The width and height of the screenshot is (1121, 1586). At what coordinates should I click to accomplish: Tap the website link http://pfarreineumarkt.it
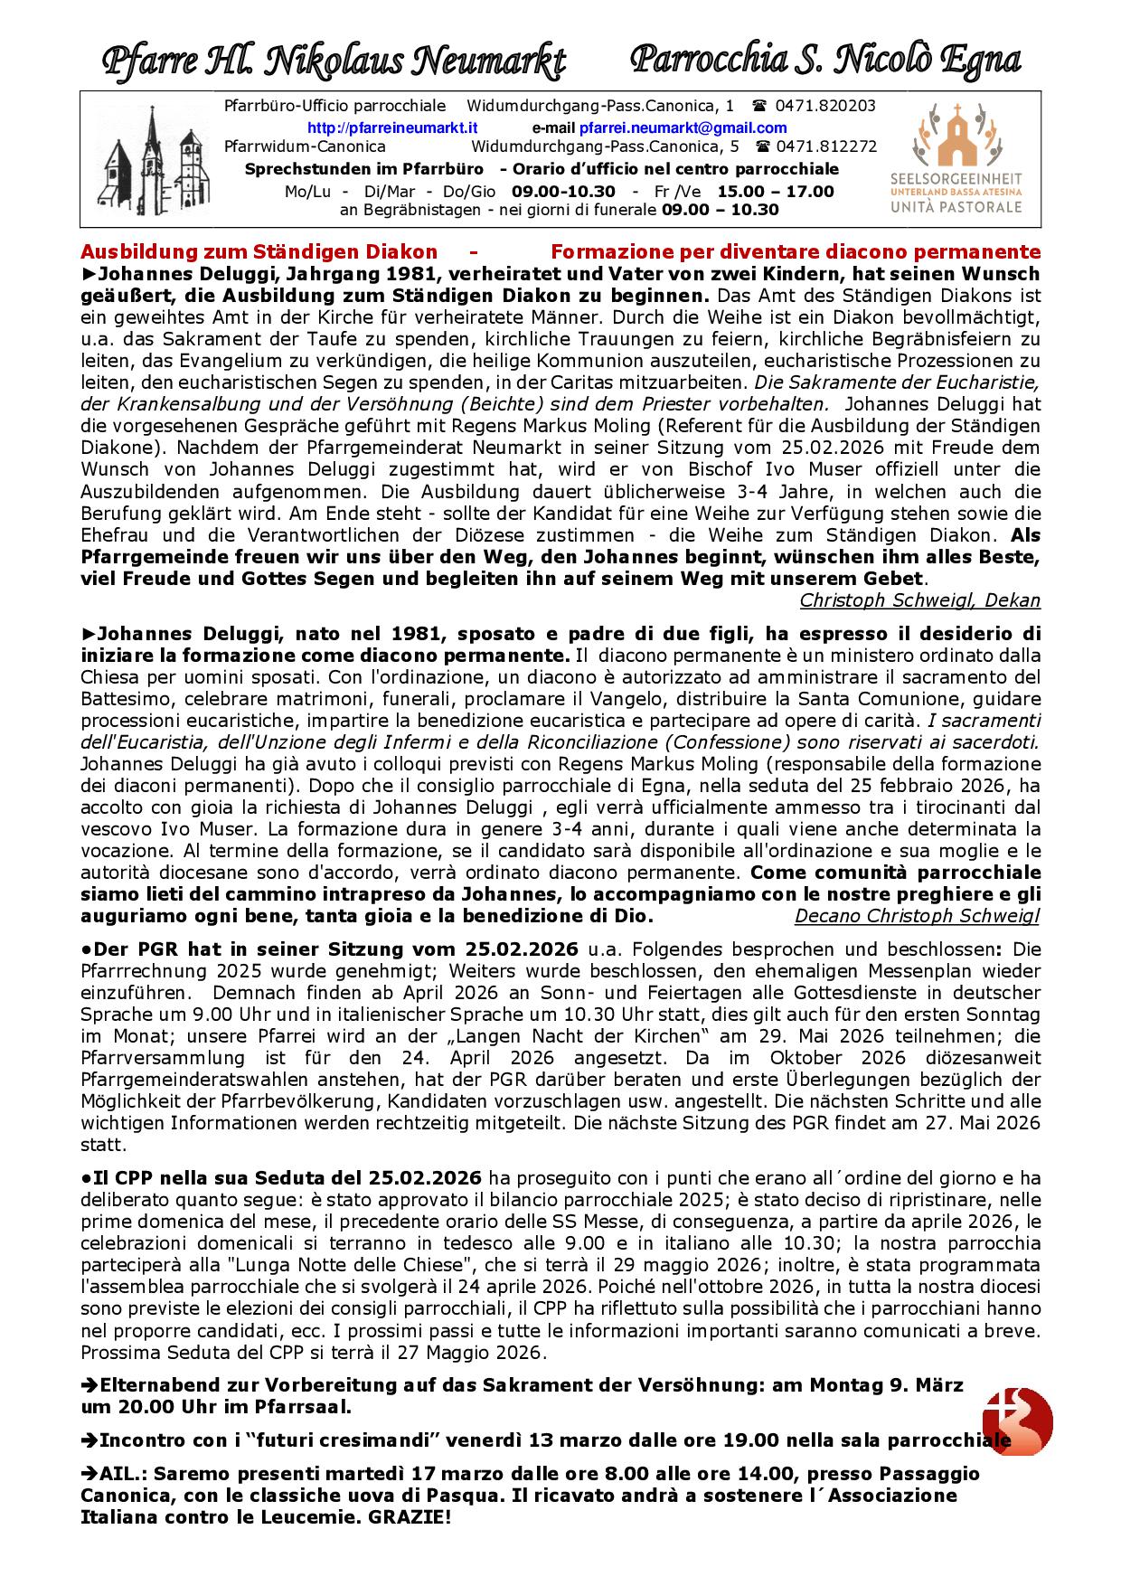pyautogui.click(x=392, y=127)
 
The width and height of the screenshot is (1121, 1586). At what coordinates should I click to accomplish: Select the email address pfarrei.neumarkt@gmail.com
pyautogui.click(x=683, y=127)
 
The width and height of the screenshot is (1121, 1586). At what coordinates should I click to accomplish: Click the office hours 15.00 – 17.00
pyautogui.click(x=776, y=191)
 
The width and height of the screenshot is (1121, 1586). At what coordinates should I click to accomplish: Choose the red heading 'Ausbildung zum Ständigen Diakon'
pyautogui.click(x=259, y=251)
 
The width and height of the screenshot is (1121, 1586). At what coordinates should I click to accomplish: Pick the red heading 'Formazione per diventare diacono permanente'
pyautogui.click(x=796, y=251)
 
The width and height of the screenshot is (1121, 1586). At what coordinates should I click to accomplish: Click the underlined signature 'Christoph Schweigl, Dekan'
pyautogui.click(x=919, y=600)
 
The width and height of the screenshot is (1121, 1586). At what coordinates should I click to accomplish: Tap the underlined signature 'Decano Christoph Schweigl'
pyautogui.click(x=917, y=916)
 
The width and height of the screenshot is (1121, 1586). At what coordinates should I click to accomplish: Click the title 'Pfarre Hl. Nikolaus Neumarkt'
pyautogui.click(x=334, y=61)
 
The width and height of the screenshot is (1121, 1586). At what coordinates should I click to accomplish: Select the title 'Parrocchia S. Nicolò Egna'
pyautogui.click(x=824, y=60)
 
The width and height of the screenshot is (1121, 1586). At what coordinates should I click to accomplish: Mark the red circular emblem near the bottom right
pyautogui.click(x=1018, y=1421)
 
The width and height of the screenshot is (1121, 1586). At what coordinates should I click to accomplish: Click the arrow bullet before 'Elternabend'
pyautogui.click(x=89, y=1385)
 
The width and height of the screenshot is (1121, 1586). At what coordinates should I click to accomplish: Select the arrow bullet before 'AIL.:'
pyautogui.click(x=89, y=1473)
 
